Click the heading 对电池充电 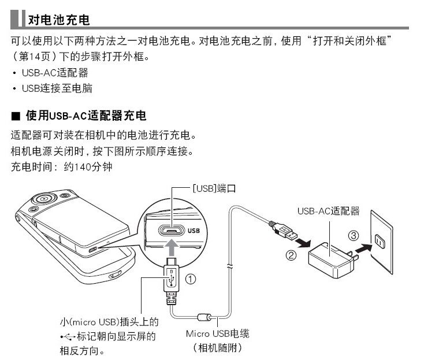(x=58, y=20)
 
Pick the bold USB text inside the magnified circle (x=195, y=231)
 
